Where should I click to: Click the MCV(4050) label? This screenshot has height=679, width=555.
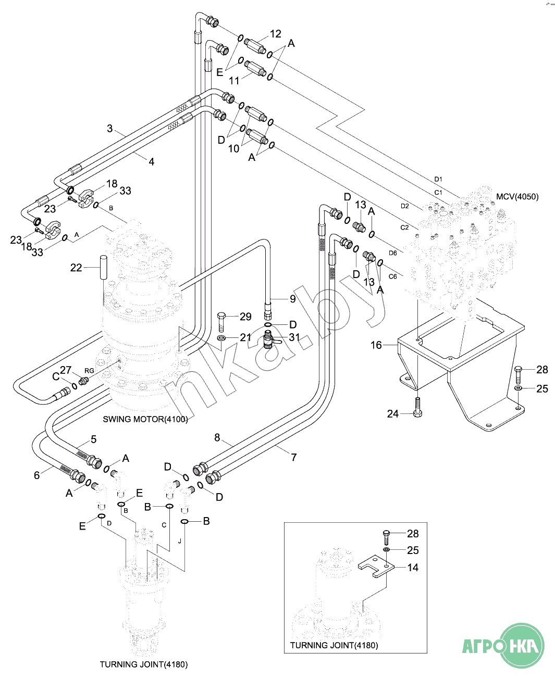517,197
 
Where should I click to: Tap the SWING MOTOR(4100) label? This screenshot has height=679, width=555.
145,419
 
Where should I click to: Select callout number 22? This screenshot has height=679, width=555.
76,268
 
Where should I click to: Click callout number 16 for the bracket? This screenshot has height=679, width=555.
376,345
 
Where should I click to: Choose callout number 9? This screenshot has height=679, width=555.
293,299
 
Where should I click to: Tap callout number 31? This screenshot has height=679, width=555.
294,337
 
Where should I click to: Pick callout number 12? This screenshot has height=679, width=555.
276,34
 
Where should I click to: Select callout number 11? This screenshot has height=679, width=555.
235,80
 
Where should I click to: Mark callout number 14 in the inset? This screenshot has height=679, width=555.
413,568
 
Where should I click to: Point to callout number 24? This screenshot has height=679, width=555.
393,414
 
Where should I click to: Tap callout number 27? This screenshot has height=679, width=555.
66,370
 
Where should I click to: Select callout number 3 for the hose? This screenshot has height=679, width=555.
109,128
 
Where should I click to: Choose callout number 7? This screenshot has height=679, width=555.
294,457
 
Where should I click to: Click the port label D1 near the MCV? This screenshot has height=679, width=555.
438,179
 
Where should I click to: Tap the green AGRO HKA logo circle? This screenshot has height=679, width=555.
523,646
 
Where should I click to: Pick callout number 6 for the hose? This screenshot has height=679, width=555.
36,475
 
